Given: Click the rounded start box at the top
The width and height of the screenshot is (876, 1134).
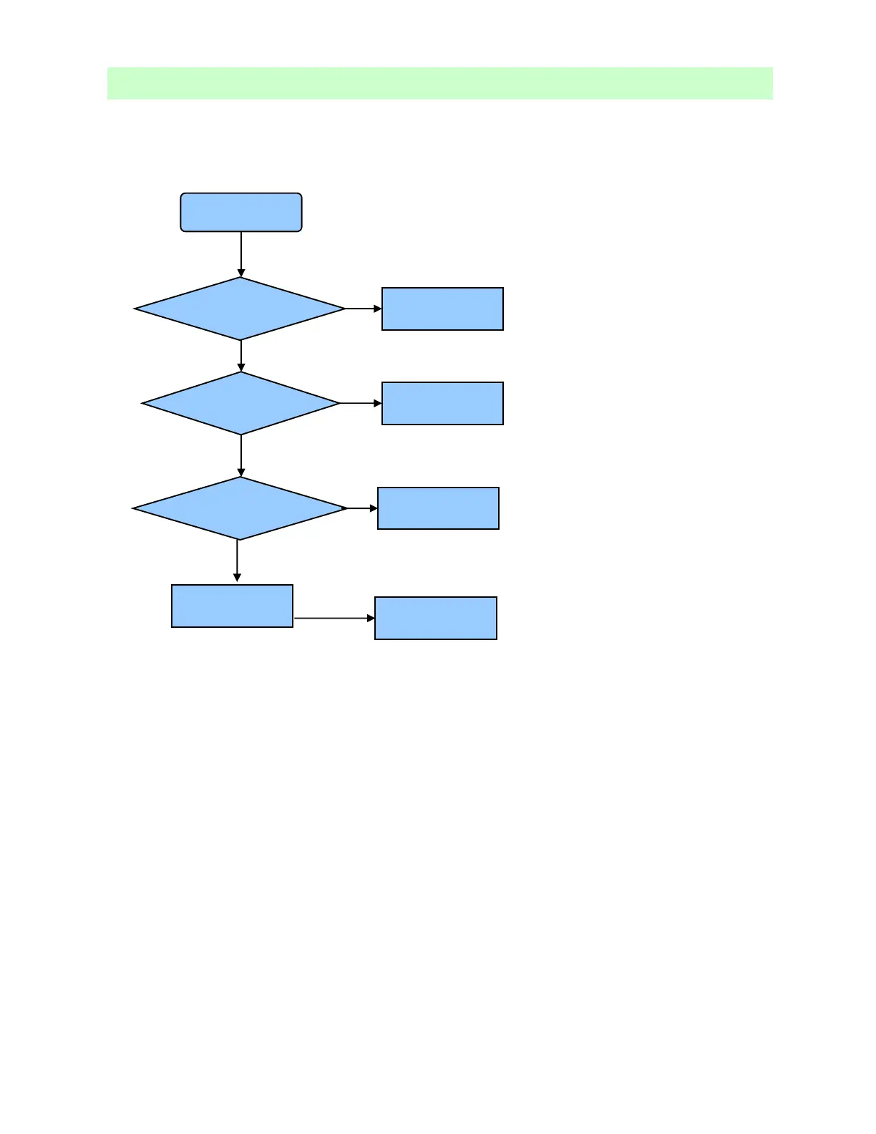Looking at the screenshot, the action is click(x=241, y=212).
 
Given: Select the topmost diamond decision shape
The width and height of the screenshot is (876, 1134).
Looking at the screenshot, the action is click(x=240, y=309).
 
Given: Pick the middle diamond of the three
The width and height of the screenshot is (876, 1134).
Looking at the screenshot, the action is click(x=241, y=403).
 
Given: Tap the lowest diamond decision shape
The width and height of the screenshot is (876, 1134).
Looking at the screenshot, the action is click(x=240, y=508).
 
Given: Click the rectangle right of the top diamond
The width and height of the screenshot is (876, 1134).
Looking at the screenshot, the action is click(x=442, y=309).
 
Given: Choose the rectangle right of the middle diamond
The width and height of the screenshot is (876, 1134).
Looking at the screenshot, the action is click(x=442, y=403).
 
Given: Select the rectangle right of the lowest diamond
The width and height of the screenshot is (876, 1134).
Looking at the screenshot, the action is click(x=438, y=508).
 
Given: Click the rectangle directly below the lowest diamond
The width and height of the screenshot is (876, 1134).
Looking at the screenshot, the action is click(x=232, y=606).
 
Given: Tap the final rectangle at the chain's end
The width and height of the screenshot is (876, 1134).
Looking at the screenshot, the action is click(x=436, y=618).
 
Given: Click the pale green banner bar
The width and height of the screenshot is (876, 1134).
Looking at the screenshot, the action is click(x=439, y=83).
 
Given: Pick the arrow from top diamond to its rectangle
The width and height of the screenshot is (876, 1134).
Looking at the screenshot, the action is click(x=362, y=309).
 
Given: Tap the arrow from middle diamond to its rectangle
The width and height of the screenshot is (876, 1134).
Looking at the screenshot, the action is click(x=359, y=403).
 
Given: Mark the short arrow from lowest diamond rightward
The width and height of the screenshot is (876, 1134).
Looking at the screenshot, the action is click(x=361, y=508).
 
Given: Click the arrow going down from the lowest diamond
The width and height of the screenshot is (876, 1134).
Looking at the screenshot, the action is click(x=237, y=560).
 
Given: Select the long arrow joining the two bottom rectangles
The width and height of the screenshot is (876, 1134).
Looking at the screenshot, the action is click(x=333, y=618).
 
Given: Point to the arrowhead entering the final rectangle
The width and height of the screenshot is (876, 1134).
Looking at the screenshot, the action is click(x=371, y=618).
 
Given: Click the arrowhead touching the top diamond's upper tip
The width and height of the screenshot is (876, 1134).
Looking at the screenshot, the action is click(x=241, y=273).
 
